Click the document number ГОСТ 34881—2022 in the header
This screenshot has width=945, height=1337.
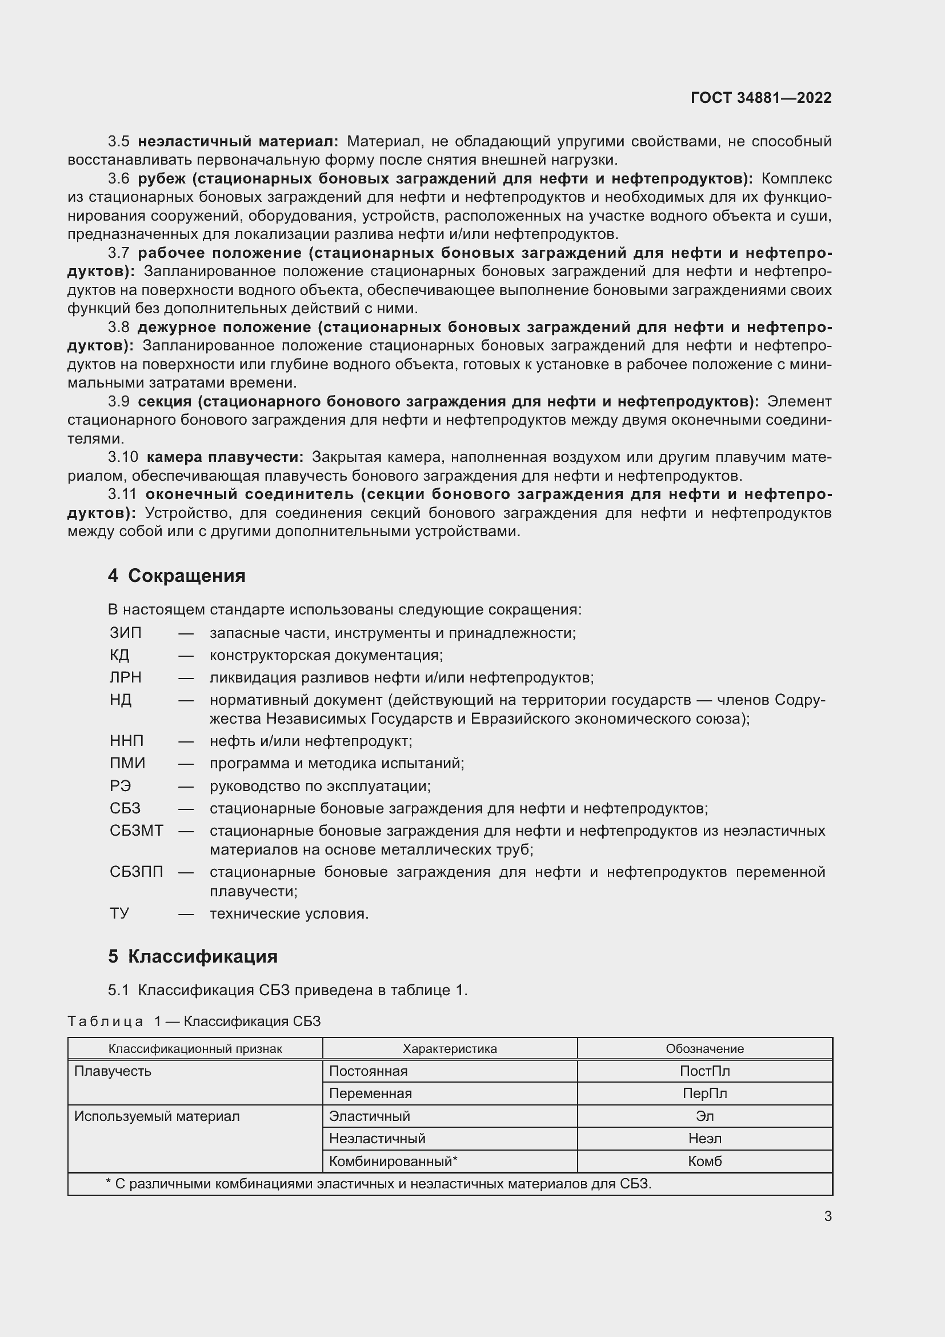760,98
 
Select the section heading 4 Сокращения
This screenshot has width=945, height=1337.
177,576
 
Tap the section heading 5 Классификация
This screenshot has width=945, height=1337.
193,956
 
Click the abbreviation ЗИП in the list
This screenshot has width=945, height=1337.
125,632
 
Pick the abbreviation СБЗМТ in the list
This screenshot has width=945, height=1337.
136,831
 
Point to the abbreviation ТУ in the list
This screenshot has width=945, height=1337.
119,913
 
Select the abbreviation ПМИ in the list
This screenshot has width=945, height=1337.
127,763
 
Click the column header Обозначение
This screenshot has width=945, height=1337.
704,1049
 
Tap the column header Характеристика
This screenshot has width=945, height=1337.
449,1049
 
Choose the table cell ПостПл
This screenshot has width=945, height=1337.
704,1071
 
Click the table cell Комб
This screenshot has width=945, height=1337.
704,1161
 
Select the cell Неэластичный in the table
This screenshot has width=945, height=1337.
377,1139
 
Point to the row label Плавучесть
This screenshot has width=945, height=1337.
113,1071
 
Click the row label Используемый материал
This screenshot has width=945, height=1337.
157,1116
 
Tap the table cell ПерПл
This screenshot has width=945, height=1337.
704,1093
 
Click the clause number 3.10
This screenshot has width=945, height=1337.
123,457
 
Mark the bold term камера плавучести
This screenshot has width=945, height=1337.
225,457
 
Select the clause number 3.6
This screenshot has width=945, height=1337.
119,179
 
